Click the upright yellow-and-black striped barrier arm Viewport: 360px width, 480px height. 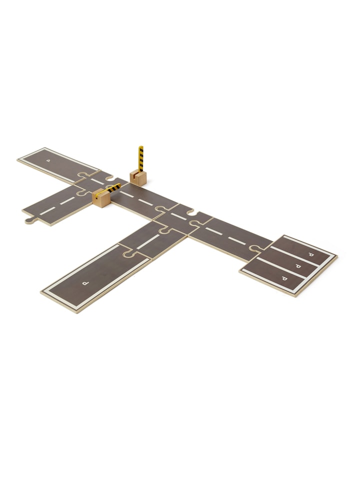click(141, 159)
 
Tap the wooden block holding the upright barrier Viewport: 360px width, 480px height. click(138, 178)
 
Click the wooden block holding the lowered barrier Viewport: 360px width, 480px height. click(101, 198)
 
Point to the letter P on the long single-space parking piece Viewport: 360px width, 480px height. click(85, 283)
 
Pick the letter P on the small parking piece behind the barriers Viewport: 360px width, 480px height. click(47, 160)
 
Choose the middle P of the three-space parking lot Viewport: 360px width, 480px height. click(297, 266)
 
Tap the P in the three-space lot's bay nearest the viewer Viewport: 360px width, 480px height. click(284, 278)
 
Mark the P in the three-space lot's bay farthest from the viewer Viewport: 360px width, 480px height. click(311, 254)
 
